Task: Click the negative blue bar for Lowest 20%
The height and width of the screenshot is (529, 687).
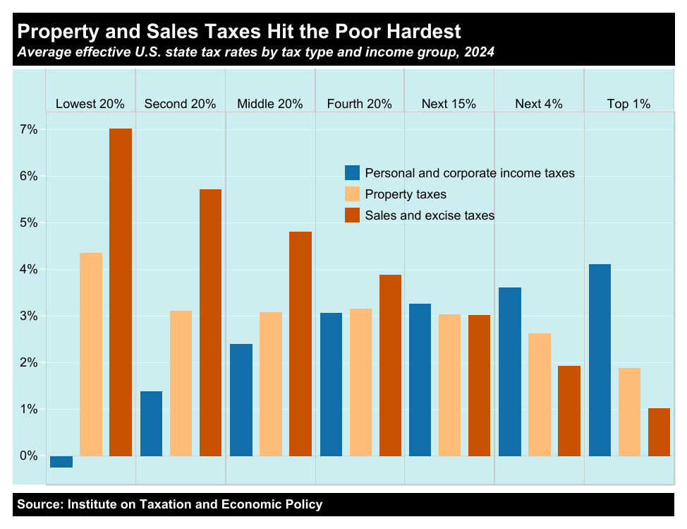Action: [61, 462]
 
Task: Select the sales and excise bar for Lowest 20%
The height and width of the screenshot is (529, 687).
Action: [121, 292]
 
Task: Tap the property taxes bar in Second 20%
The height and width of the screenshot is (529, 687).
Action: [181, 384]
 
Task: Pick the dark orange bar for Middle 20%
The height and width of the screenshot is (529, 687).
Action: [300, 344]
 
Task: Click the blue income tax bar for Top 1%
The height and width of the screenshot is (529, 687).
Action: [600, 360]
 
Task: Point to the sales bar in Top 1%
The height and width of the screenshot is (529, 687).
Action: [659, 432]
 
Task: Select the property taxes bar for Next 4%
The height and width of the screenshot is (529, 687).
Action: [540, 395]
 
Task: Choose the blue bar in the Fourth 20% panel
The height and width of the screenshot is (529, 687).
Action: [332, 384]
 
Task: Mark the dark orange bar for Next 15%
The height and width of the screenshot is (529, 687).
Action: [480, 386]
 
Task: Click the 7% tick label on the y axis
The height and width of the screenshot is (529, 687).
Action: [28, 129]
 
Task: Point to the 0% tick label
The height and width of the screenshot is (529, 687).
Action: [28, 456]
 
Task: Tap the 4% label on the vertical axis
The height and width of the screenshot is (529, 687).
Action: [28, 269]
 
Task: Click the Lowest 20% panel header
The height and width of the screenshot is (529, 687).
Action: [90, 104]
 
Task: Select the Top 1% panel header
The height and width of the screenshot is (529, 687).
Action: [628, 104]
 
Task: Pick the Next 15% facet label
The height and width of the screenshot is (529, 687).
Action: [449, 104]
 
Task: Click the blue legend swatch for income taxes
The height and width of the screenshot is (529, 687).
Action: [352, 173]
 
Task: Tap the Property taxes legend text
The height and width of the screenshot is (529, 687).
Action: [406, 194]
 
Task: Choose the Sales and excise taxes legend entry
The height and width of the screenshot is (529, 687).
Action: [429, 215]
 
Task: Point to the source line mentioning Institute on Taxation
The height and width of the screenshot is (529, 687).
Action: [169, 504]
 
